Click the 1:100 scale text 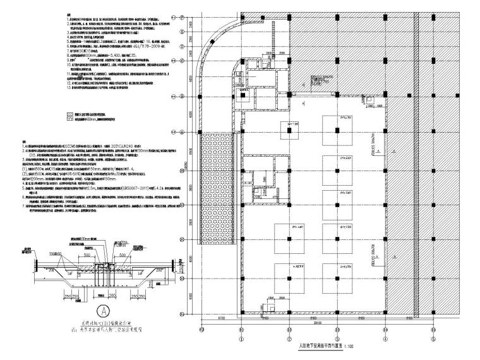click(x=349, y=347)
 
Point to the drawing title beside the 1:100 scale click(x=318, y=346)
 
